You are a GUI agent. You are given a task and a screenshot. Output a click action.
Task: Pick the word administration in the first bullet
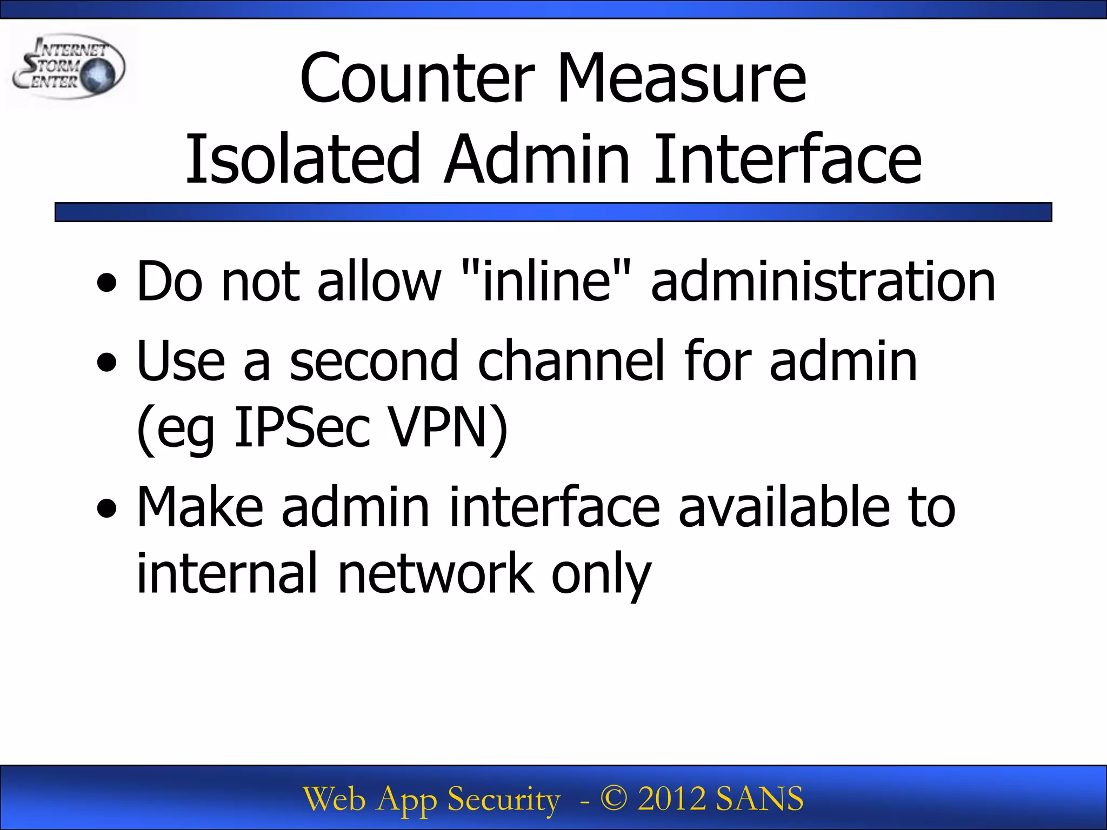823,281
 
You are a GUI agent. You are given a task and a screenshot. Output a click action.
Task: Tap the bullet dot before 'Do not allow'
107,283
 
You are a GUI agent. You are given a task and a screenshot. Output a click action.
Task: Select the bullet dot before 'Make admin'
107,508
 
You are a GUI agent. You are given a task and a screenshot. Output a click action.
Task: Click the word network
436,573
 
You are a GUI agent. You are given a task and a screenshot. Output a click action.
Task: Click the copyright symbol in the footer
614,798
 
